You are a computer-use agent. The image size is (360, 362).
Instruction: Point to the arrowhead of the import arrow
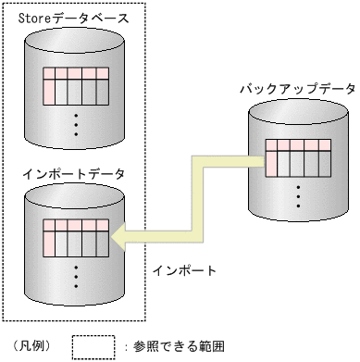(x=116, y=240)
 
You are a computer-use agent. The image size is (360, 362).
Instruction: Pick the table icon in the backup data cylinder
(x=299, y=157)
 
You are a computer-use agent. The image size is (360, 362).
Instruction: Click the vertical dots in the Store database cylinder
(x=76, y=120)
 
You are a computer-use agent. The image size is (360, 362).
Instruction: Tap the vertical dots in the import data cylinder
(x=76, y=273)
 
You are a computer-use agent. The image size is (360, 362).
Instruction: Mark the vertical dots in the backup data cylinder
(x=299, y=195)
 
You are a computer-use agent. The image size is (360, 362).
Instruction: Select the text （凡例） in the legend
(x=34, y=347)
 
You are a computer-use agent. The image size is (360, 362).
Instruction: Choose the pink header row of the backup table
(x=299, y=145)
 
